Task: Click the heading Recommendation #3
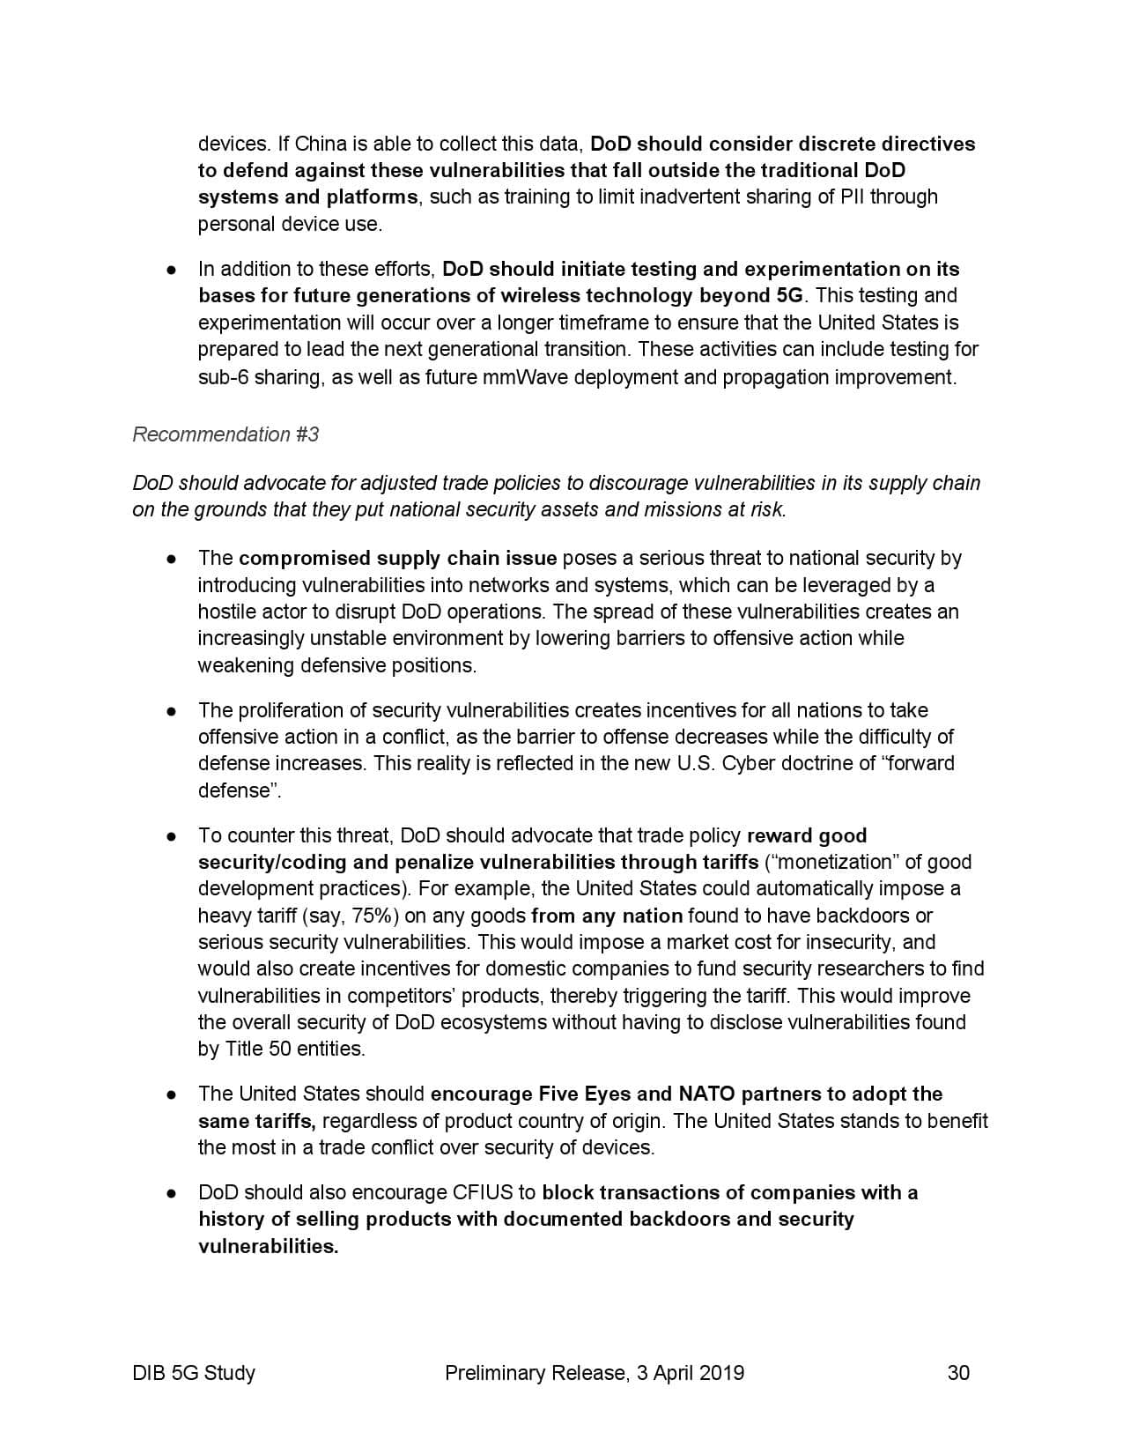[x=225, y=434]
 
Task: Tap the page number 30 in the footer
[x=958, y=1372]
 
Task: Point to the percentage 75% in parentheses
[x=370, y=916]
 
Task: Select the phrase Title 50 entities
[x=294, y=1049]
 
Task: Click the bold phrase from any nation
[x=607, y=916]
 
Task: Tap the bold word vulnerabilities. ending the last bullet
[x=268, y=1246]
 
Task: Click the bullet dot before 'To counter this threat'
[x=174, y=836]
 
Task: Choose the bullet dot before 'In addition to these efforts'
[x=174, y=270]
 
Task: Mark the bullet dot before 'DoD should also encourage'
[x=174, y=1193]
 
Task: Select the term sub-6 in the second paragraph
[x=223, y=377]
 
